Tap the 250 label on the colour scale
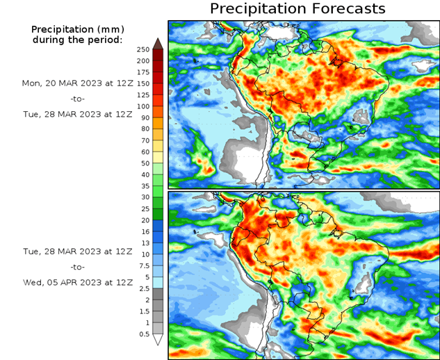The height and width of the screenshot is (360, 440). click(x=143, y=49)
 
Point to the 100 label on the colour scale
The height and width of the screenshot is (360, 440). click(x=143, y=106)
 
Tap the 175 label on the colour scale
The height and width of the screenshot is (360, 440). click(x=143, y=72)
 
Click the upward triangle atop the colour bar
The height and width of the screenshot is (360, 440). click(x=158, y=43)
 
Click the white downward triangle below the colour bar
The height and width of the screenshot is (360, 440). click(x=158, y=340)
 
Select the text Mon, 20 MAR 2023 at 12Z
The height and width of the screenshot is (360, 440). click(x=76, y=83)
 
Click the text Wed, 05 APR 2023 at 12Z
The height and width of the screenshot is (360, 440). click(x=76, y=283)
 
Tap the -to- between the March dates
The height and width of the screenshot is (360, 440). click(x=76, y=99)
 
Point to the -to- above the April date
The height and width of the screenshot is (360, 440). click(x=76, y=267)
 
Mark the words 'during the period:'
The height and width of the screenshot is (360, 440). click(x=76, y=40)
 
